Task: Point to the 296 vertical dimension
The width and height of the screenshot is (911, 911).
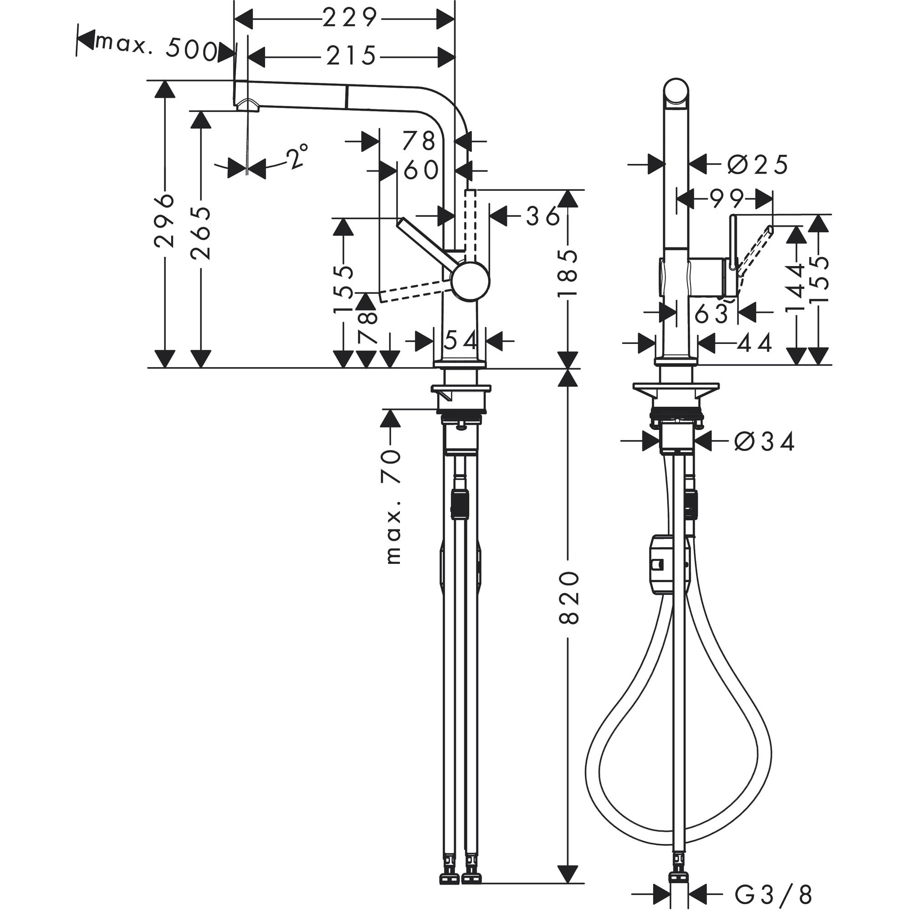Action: coord(164,220)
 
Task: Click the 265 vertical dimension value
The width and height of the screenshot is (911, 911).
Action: coord(200,233)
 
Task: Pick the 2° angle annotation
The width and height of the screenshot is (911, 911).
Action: coord(297,157)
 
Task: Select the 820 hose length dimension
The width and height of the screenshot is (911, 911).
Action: coord(568,597)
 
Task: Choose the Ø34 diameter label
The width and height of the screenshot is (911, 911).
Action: coord(764,442)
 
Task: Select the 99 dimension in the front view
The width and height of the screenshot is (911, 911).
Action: coord(726,199)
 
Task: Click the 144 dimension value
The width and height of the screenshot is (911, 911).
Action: coord(796,287)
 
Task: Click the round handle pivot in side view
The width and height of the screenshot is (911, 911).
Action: coord(470,281)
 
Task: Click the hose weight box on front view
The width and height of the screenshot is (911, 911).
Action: coord(660,564)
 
